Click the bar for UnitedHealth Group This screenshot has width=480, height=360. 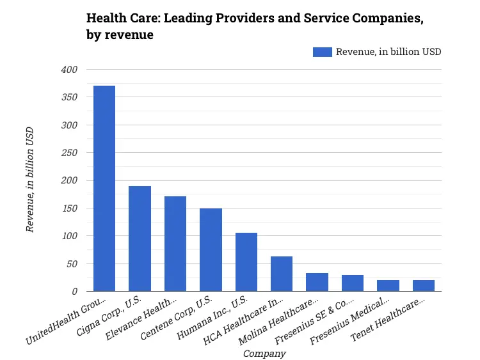point(104,189)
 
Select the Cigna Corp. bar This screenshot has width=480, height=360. point(140,239)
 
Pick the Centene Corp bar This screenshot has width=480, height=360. point(211,250)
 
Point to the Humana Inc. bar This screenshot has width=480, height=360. point(246,262)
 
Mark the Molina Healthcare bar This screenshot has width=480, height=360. point(317,282)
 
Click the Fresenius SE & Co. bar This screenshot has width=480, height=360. point(353,283)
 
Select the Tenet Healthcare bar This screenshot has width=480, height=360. point(424,286)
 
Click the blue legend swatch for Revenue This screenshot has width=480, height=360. point(322,52)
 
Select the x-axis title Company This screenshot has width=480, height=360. point(264,353)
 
